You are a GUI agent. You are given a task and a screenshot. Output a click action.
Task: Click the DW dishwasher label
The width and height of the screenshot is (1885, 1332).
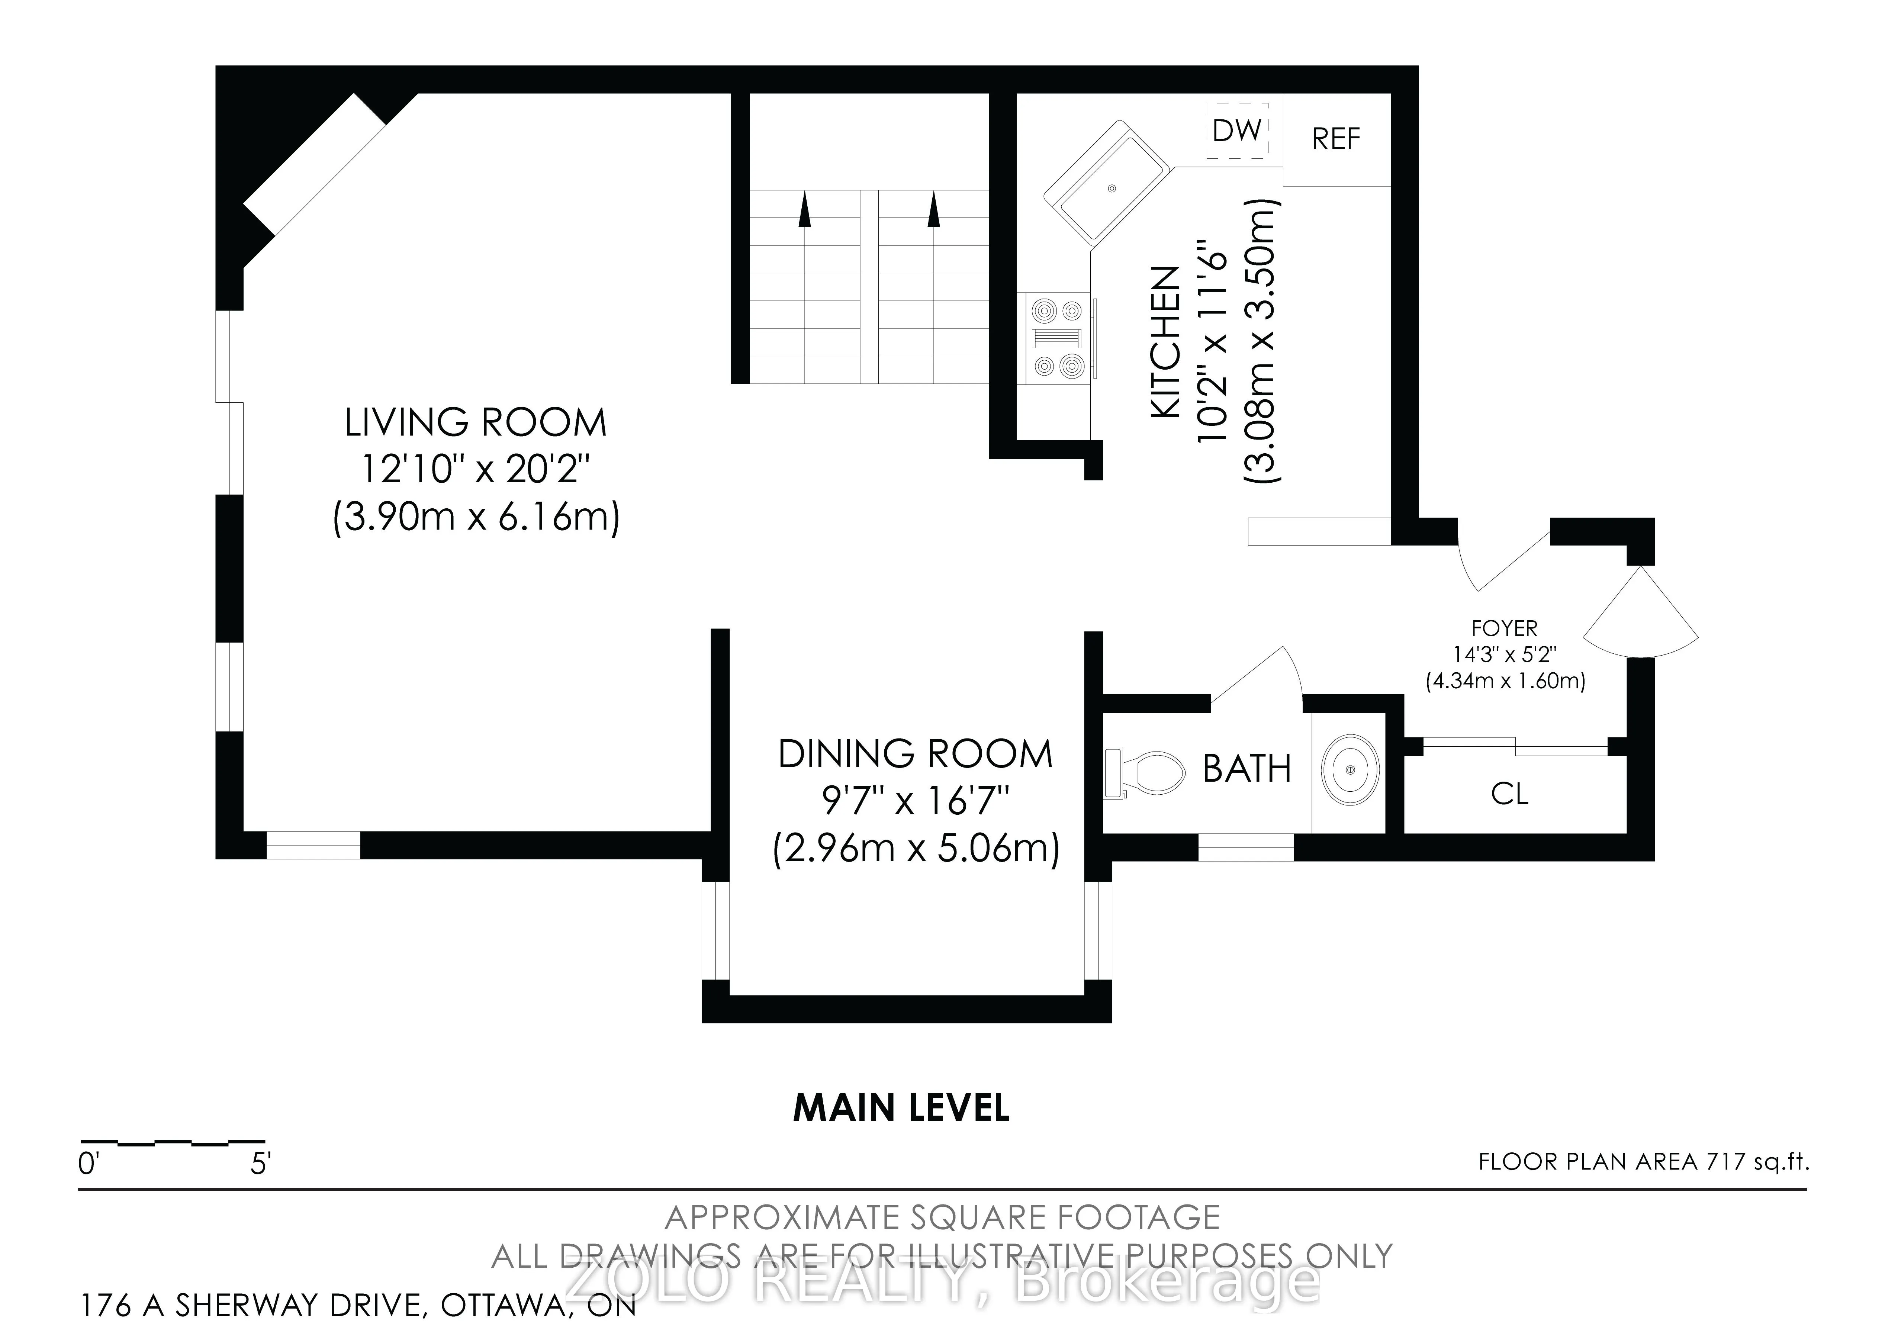[1236, 130]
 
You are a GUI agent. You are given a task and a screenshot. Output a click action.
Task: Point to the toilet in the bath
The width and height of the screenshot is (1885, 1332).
[1143, 772]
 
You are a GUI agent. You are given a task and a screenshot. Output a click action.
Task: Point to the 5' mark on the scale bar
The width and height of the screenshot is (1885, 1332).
[260, 1164]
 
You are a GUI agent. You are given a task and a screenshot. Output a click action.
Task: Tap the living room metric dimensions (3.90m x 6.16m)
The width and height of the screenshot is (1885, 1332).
[476, 518]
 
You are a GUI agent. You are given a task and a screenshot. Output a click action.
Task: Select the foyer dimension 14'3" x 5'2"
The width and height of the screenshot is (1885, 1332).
[1504, 654]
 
